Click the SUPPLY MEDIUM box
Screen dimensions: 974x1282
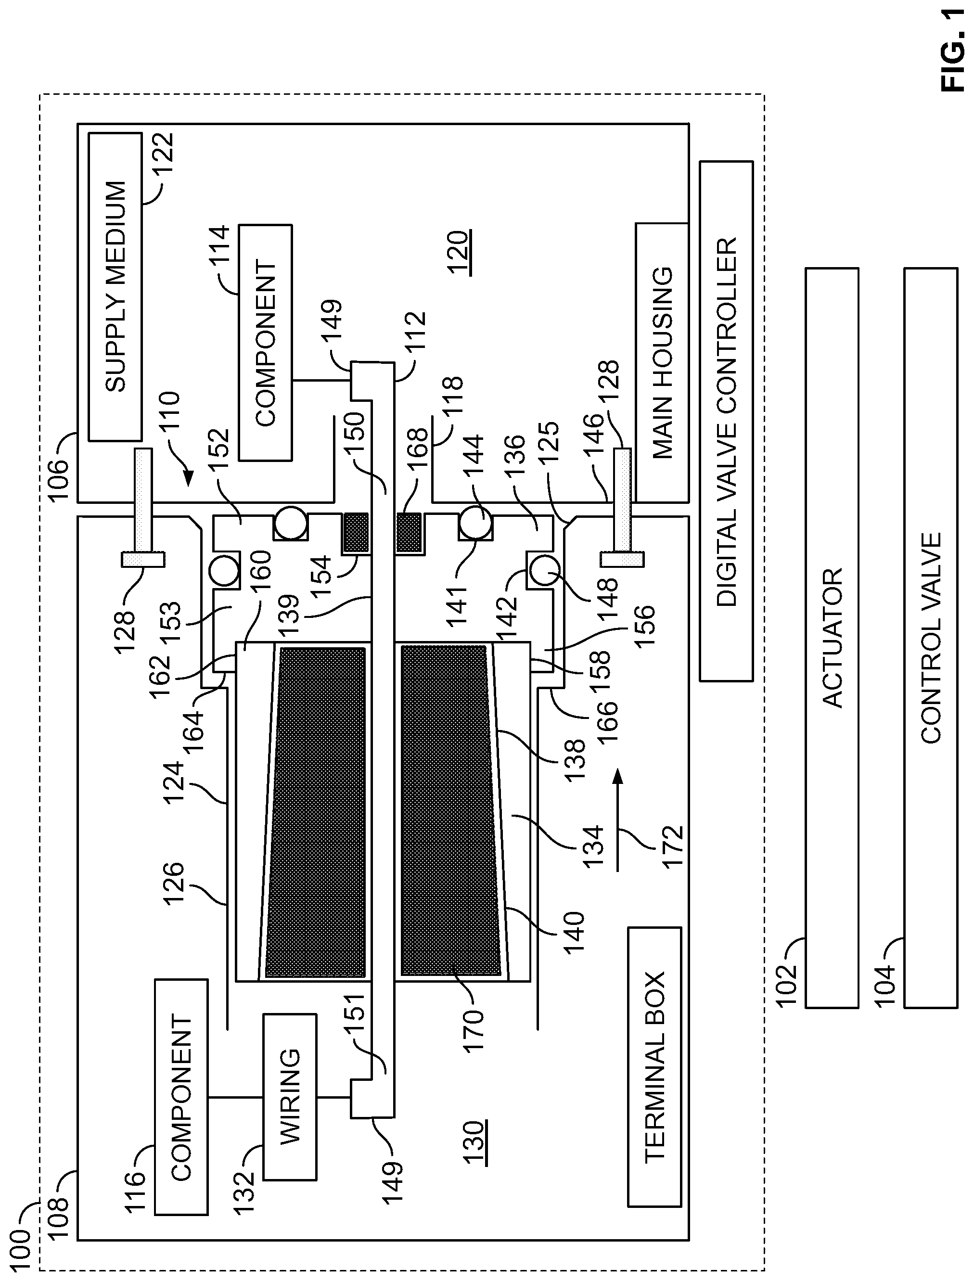click(x=115, y=286)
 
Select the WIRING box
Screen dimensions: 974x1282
click(x=290, y=1096)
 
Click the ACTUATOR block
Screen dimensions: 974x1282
click(x=832, y=638)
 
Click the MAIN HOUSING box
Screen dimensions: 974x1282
click(x=662, y=362)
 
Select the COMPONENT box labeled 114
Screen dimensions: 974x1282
click(x=265, y=343)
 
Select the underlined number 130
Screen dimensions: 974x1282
click(x=474, y=1143)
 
